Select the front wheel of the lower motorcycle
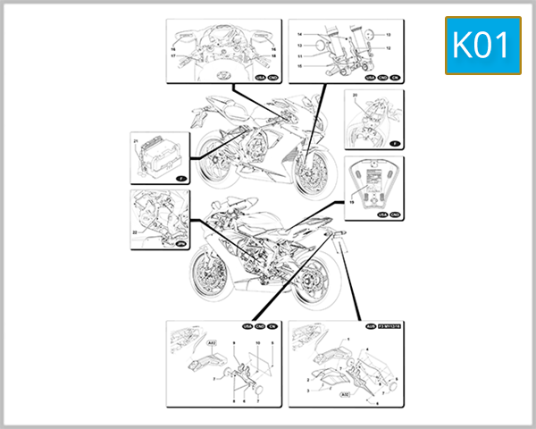tap(212, 267)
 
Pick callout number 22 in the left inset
tap(136, 233)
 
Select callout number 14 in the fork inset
tap(301, 34)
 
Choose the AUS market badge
tap(372, 328)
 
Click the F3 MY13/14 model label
tap(391, 328)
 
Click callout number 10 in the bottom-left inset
tap(257, 343)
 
